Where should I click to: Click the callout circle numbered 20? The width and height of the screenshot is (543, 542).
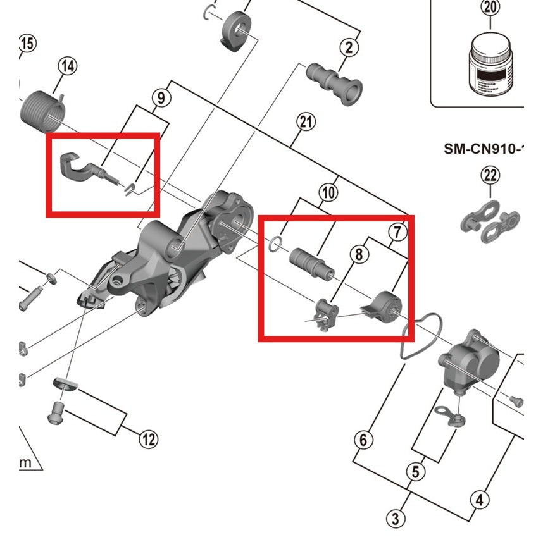coord(490,8)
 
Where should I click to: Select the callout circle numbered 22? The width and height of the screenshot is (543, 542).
coord(490,175)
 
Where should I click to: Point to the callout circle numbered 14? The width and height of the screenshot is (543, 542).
coord(68,66)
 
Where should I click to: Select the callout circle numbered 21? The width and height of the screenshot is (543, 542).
coord(306,123)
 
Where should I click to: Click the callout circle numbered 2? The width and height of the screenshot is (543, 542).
coord(349,47)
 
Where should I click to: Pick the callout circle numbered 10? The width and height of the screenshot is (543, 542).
coord(328,193)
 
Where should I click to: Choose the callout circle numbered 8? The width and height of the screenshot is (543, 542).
coord(358,255)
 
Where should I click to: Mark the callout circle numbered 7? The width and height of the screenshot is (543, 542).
coord(396,232)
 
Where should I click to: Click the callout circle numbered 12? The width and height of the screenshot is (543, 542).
coord(148,438)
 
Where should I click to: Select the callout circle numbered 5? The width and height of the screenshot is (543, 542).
coord(415,472)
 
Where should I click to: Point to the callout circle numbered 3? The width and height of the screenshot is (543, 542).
coord(396,519)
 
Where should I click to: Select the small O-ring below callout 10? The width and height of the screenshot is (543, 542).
coord(273,244)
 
